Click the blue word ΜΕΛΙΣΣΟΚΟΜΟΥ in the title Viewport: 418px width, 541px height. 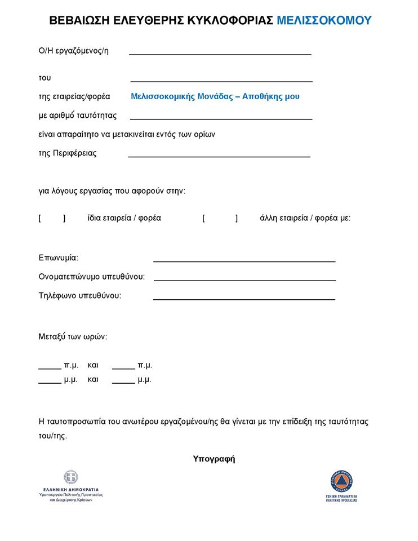coord(324,21)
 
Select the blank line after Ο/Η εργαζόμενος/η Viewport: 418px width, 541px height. coord(220,54)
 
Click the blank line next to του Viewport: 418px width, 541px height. coord(221,81)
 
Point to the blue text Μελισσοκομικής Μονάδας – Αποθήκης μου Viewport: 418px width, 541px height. coord(215,96)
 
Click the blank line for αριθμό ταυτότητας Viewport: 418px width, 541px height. coord(221,118)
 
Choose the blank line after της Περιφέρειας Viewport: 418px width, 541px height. coord(219,156)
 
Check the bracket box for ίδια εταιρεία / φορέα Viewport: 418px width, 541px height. coord(52,218)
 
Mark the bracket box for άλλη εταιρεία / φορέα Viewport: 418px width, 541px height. coord(220,218)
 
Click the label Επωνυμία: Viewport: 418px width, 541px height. coord(59,258)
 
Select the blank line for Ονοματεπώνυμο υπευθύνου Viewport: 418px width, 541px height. coord(244,280)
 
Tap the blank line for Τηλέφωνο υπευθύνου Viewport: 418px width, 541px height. coord(244,299)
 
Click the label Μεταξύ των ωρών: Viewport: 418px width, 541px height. coord(73,337)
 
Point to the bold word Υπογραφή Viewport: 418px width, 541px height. coord(214,459)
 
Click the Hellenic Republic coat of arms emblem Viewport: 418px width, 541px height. coord(71,478)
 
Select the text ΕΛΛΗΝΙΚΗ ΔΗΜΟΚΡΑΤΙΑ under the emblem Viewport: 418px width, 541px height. coord(71,490)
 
